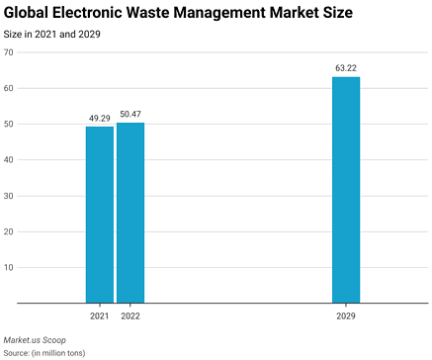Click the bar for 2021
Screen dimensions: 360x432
pos(100,215)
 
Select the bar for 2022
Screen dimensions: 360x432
pos(130,213)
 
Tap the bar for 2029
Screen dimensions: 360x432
pos(346,190)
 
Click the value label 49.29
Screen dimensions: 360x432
pos(100,119)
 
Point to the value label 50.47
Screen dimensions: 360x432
pos(130,114)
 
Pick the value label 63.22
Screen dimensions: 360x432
pos(346,68)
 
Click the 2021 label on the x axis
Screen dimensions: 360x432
pos(100,315)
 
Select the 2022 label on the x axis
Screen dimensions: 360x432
pos(130,315)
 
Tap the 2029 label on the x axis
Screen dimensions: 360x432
pos(346,315)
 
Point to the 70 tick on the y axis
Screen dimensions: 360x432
pos(8,52)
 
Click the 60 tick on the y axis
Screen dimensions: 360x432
pos(8,88)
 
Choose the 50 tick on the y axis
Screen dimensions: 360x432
pos(8,124)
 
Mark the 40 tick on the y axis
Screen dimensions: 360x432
pos(8,160)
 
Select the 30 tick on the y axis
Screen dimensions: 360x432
pos(8,196)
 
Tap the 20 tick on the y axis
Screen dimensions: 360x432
pos(8,231)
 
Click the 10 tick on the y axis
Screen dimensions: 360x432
pos(8,267)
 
